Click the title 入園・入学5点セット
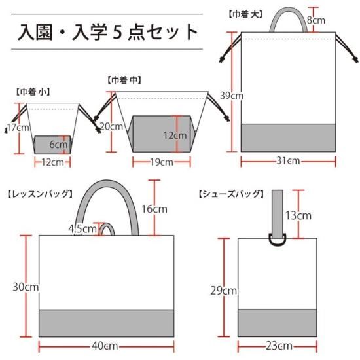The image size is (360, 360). [107, 32]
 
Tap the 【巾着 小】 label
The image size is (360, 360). [32, 92]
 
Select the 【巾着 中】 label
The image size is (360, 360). [124, 80]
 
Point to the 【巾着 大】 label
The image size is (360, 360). [245, 14]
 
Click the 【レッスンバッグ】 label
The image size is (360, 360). [40, 194]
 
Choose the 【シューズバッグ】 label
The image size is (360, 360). [230, 194]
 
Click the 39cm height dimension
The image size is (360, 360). [232, 96]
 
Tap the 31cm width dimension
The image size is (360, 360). [288, 160]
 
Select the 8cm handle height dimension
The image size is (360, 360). [316, 20]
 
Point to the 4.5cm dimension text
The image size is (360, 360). [82, 228]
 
